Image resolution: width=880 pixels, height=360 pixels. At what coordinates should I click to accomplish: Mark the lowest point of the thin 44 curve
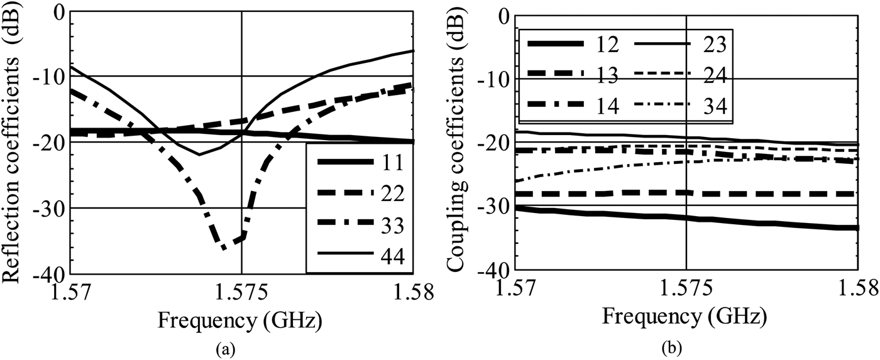[200, 155]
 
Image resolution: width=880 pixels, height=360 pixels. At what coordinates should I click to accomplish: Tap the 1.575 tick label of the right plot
[686, 289]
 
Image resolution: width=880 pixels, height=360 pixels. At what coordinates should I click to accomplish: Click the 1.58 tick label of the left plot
[414, 292]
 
